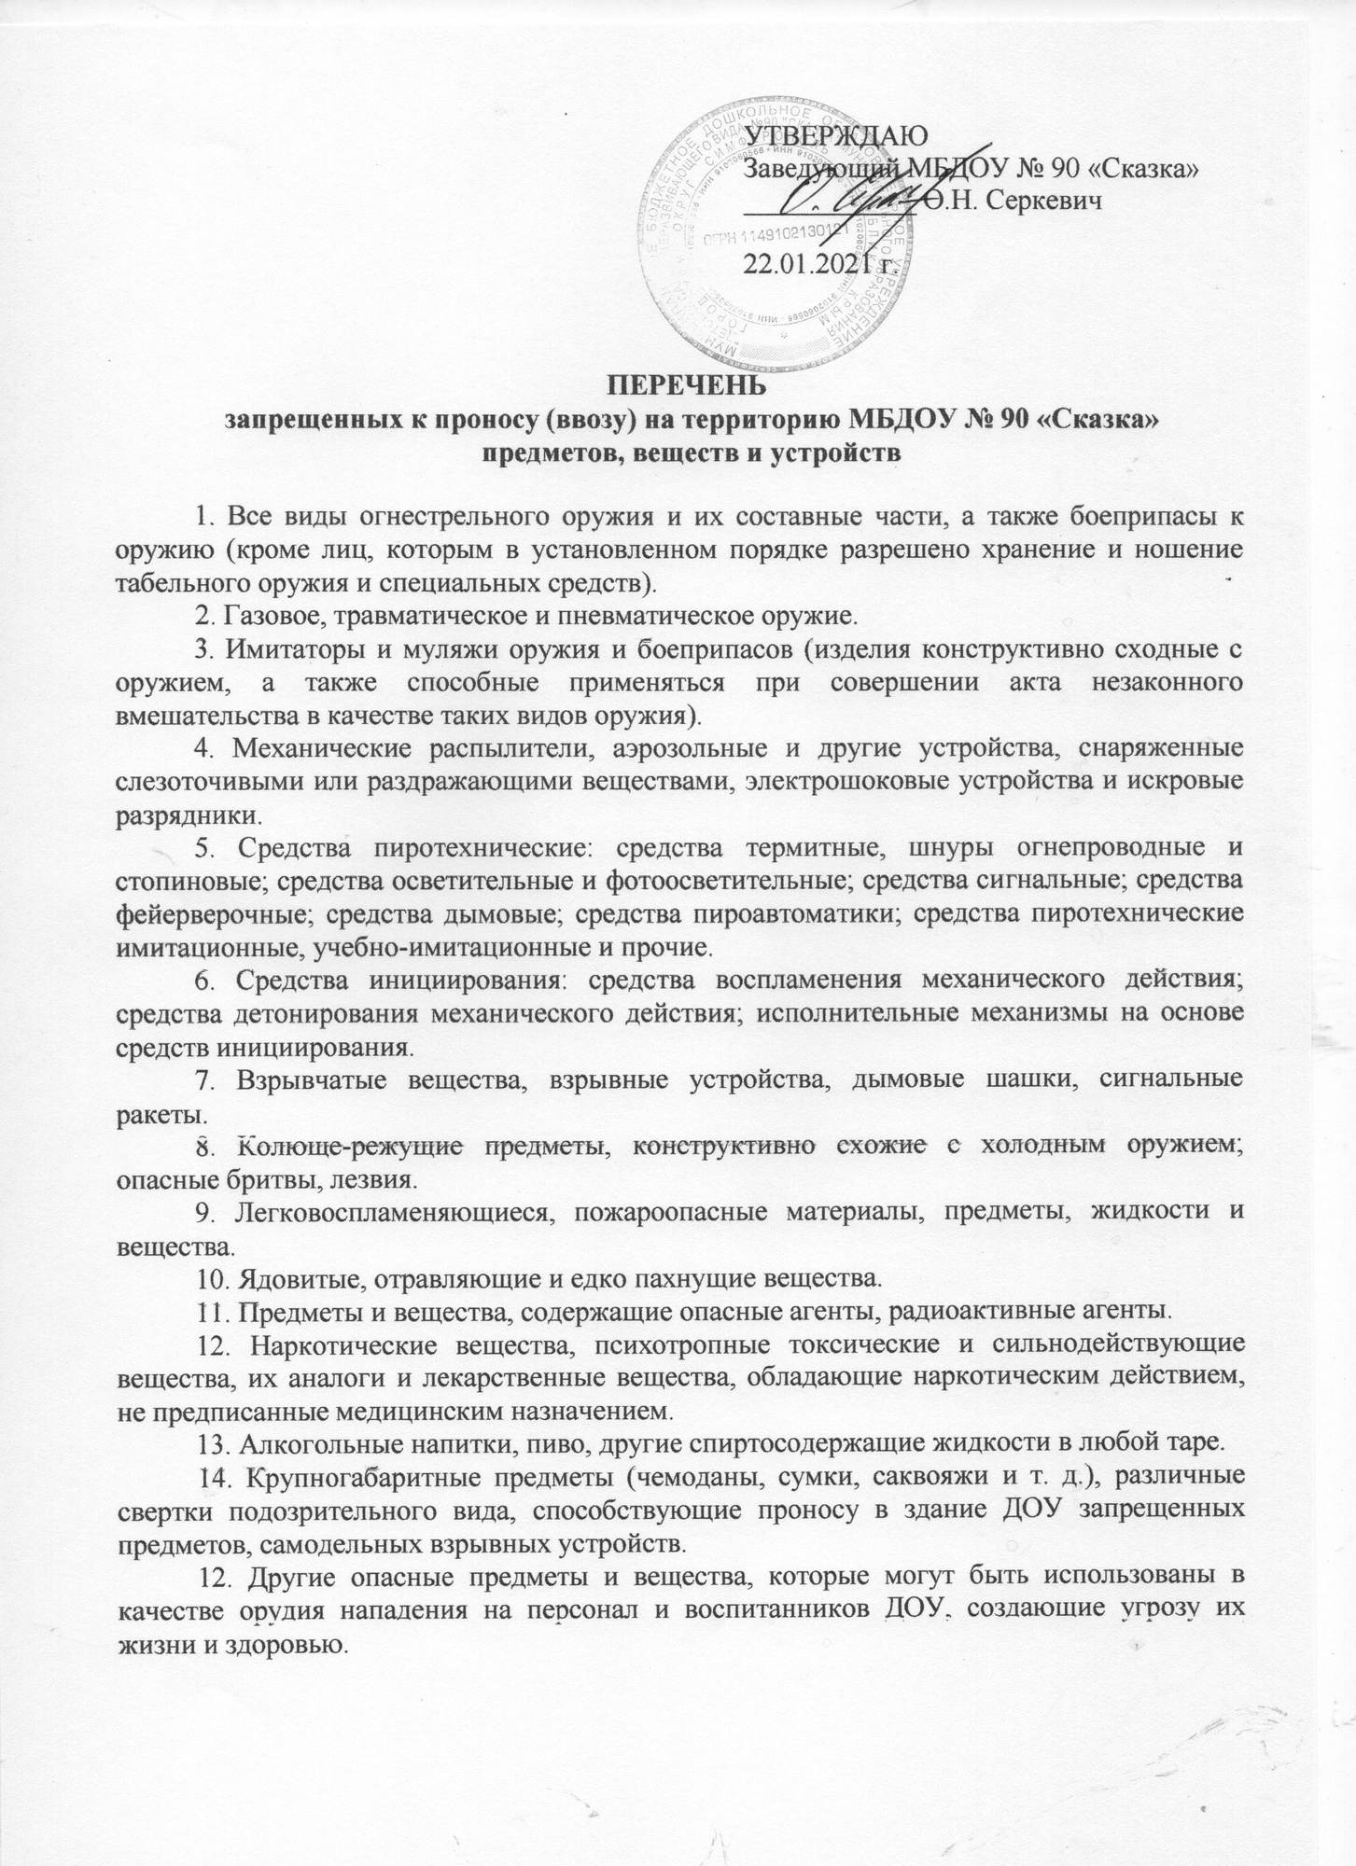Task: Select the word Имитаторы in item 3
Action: pos(287,648)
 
